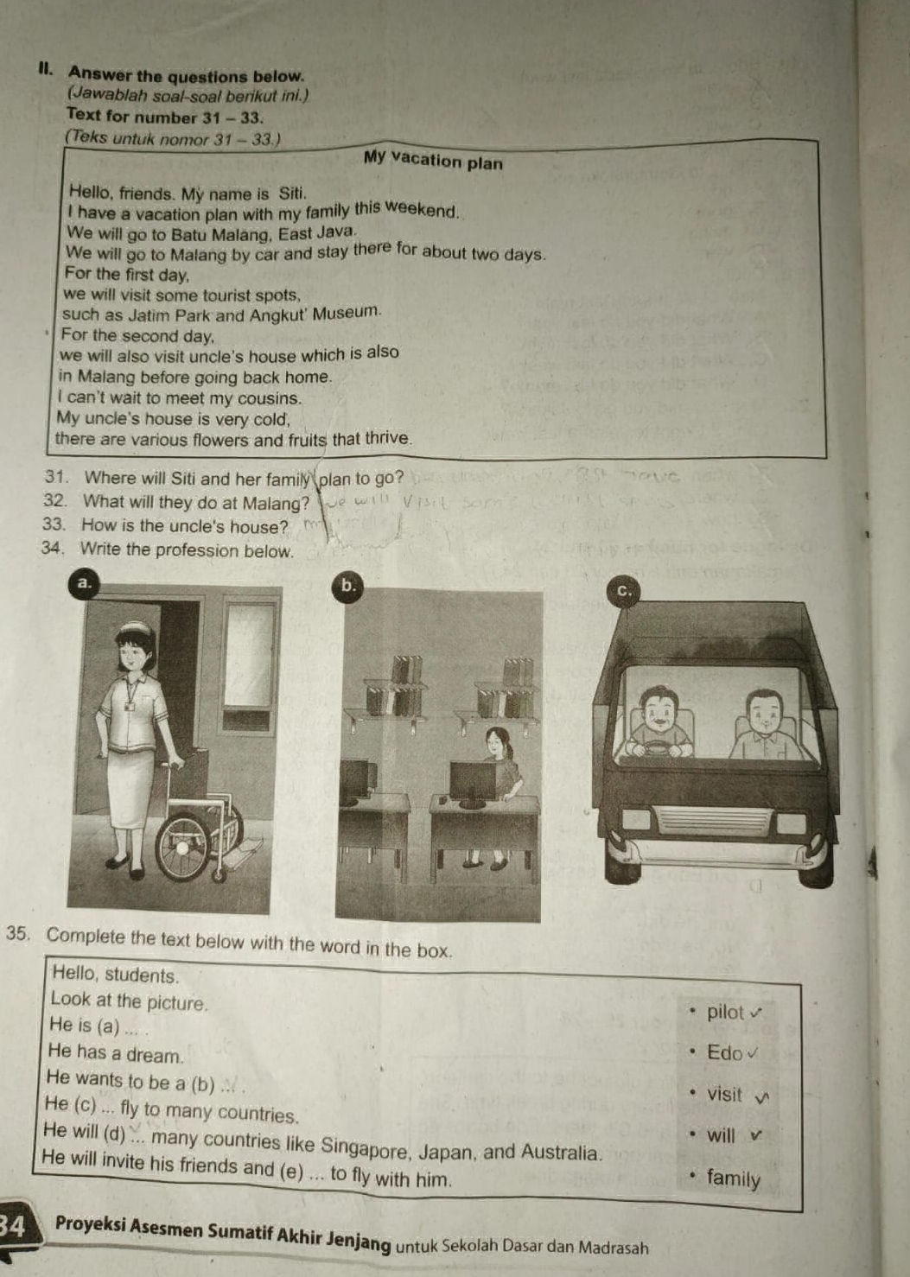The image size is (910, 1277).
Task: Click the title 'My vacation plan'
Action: (433, 161)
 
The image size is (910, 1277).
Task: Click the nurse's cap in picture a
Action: (137, 628)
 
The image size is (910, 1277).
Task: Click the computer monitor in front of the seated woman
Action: (473, 780)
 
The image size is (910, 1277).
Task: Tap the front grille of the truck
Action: (713, 819)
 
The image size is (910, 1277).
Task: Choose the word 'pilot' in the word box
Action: (725, 1012)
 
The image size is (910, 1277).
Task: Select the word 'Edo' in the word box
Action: (724, 1052)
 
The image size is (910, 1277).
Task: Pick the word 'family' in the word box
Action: (733, 1179)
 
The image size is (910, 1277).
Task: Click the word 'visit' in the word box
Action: (724, 1094)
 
